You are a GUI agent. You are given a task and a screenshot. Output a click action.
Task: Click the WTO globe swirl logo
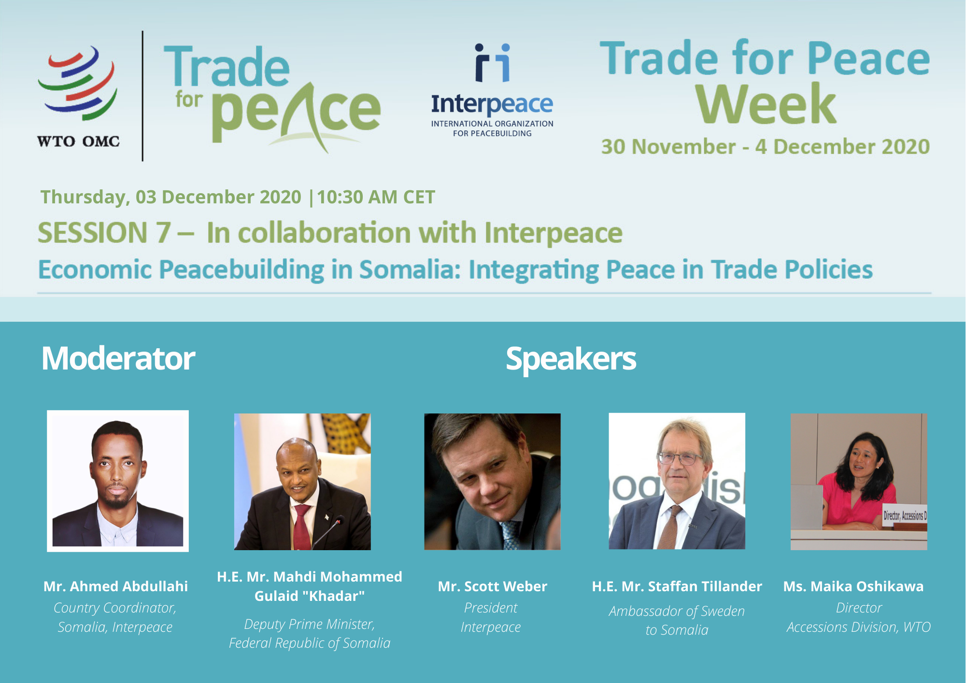point(77,83)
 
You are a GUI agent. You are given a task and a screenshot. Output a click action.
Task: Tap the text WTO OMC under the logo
point(78,141)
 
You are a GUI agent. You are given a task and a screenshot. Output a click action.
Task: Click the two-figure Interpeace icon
point(492,63)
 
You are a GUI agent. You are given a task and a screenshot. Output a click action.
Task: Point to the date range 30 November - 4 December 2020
point(766,146)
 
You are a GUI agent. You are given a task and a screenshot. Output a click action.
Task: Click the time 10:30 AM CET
point(376,197)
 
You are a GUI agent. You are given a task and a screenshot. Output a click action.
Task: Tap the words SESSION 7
point(104,233)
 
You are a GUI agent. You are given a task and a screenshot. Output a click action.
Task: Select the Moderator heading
point(118,358)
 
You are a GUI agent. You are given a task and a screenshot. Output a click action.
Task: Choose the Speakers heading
point(571,359)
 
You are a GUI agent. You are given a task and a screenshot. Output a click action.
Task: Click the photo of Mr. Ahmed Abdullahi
point(118,481)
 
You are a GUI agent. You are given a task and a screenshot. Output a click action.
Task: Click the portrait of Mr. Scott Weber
point(492,482)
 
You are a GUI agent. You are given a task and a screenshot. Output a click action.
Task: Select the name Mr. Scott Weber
point(493,586)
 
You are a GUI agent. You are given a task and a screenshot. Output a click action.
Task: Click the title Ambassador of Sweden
point(677,611)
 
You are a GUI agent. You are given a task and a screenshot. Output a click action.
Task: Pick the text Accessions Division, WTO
point(858,627)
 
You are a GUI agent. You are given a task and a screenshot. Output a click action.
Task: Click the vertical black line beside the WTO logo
point(142,96)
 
